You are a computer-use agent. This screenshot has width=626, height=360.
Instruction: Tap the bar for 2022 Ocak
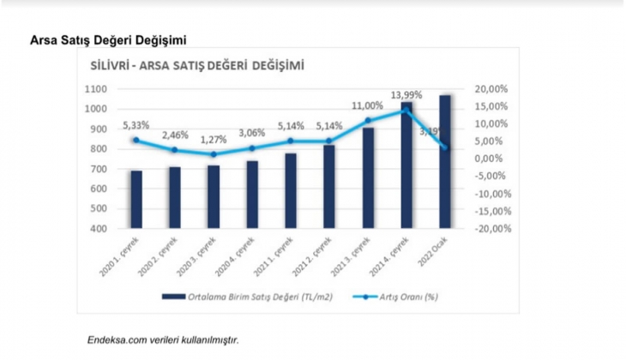[x=444, y=162]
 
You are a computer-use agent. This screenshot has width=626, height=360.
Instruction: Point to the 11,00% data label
[x=366, y=105]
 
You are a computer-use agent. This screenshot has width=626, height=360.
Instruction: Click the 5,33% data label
[x=136, y=125]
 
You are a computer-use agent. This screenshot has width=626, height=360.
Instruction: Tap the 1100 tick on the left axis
[x=95, y=89]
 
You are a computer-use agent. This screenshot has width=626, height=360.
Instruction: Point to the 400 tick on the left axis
[x=98, y=229]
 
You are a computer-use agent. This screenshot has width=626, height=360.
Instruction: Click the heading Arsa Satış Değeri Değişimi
[x=108, y=39]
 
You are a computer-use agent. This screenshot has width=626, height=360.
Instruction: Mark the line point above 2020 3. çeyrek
[x=214, y=154]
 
